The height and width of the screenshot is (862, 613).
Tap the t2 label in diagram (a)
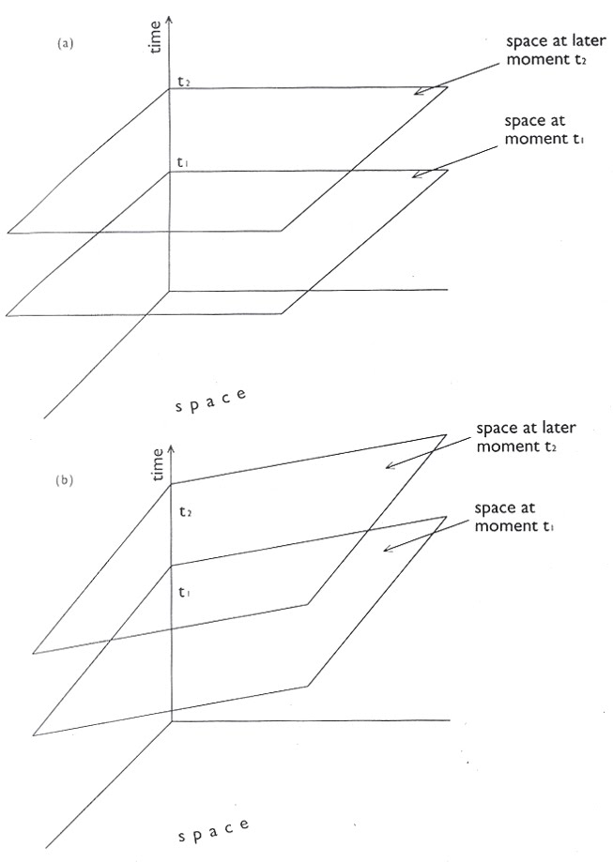(184, 83)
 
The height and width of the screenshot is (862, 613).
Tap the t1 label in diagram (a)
(184, 163)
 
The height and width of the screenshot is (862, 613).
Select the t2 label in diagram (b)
(187, 512)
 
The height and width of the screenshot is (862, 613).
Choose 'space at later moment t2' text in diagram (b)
(526, 436)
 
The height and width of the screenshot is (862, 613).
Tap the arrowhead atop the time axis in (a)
(169, 19)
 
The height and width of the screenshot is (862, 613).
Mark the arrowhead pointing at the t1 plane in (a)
(416, 174)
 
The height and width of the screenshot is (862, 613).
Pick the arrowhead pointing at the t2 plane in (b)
(389, 466)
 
